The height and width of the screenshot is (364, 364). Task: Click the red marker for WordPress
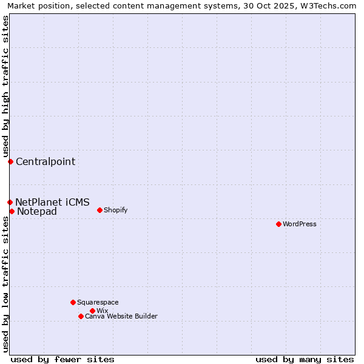tap(278, 224)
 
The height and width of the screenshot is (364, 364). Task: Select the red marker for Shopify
tap(99, 210)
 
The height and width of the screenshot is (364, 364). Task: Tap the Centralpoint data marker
tap(10, 161)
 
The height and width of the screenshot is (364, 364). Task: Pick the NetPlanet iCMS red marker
tap(10, 202)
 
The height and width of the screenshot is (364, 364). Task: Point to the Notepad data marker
tap(12, 211)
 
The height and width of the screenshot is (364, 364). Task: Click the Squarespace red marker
tap(73, 302)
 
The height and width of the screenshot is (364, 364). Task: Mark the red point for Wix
tap(92, 311)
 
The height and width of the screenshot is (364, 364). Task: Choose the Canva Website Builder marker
tap(81, 316)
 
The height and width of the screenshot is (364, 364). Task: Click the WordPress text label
tap(300, 224)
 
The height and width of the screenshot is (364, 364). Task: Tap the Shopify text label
tap(115, 210)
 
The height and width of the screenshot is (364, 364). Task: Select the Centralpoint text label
tap(45, 161)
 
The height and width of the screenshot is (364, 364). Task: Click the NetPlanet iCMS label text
tap(52, 202)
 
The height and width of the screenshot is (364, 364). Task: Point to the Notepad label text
tap(37, 211)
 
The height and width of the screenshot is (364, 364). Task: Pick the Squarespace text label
tap(98, 302)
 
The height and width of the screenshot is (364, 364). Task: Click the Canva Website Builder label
tap(121, 316)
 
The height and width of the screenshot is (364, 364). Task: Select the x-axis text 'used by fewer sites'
tap(62, 359)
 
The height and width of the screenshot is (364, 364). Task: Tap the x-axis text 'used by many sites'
tap(305, 359)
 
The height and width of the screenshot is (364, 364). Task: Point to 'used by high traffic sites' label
tap(5, 86)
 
